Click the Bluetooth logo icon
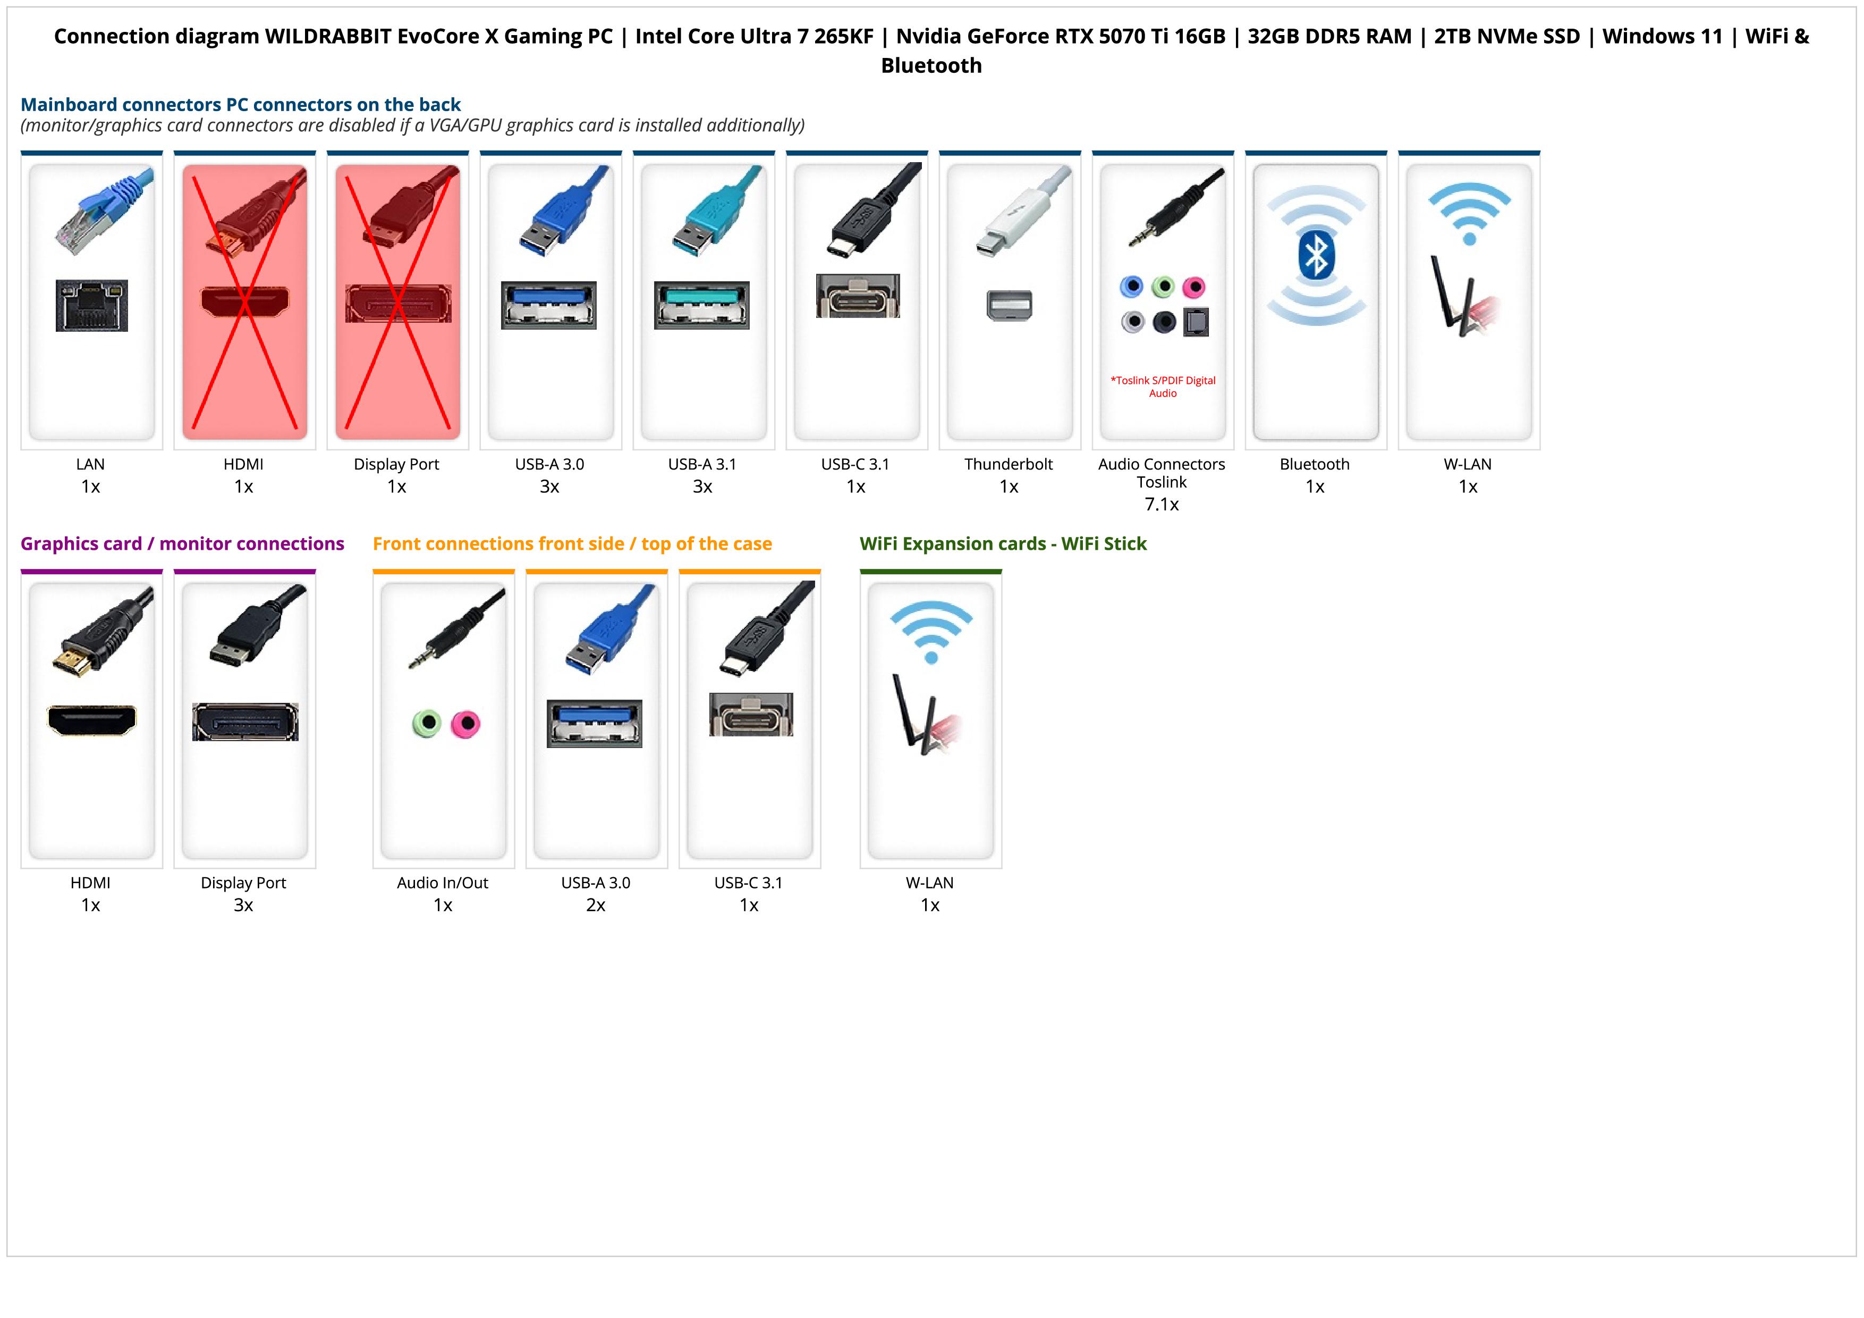tap(1315, 255)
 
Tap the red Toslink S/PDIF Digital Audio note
tap(1163, 387)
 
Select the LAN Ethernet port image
tap(92, 305)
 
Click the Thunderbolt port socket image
tap(1009, 305)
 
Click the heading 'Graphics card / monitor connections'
tap(182, 543)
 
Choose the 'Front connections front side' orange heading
tap(572, 543)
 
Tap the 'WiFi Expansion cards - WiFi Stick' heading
tap(1003, 543)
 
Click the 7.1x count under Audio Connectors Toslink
tap(1162, 505)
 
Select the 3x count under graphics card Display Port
tap(243, 905)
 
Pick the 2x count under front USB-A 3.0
tap(596, 905)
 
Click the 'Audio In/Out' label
tap(443, 883)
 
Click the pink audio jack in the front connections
tap(465, 723)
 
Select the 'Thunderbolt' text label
tap(1009, 465)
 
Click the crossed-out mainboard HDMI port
tap(244, 301)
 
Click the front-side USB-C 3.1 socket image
tap(751, 715)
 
